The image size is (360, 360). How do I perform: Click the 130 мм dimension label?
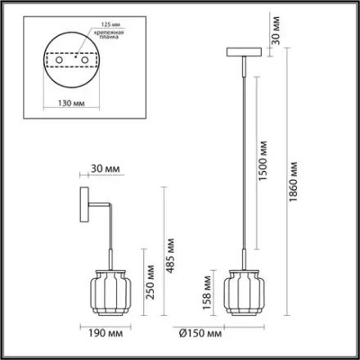coord(71,103)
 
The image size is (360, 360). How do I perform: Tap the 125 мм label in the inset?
coord(110,25)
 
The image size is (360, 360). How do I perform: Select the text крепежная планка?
coord(109,34)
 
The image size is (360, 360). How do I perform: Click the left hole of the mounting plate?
coord(59,60)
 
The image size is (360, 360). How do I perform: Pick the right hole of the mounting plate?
coord(85,60)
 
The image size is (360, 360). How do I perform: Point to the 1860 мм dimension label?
coord(293,182)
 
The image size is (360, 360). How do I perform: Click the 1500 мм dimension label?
coord(263,161)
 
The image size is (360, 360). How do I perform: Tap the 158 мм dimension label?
coord(207,293)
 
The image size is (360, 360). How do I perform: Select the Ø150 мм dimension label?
coord(200,333)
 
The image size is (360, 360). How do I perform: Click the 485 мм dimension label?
coord(170,256)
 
